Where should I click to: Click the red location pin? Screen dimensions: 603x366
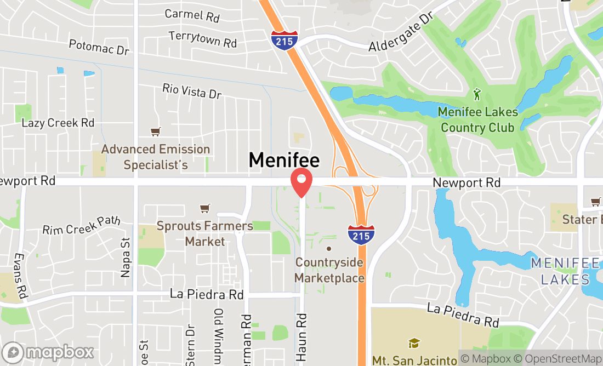pyautogui.click(x=301, y=183)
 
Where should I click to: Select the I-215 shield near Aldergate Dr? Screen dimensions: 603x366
pyautogui.click(x=285, y=41)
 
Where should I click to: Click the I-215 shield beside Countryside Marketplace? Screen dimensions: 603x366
pyautogui.click(x=361, y=234)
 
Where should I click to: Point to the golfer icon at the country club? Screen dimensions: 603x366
pyautogui.click(x=477, y=95)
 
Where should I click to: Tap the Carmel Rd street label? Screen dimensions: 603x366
pyautogui.click(x=192, y=15)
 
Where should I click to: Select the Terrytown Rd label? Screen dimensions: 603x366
pyautogui.click(x=203, y=38)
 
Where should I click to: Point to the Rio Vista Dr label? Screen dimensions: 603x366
pyautogui.click(x=192, y=91)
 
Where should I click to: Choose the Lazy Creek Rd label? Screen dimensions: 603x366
pyautogui.click(x=58, y=123)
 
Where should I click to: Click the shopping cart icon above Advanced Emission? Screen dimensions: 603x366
pyautogui.click(x=156, y=131)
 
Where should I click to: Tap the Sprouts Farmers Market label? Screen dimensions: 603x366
pyautogui.click(x=204, y=233)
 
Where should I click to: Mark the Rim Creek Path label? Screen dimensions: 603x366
pyautogui.click(x=81, y=225)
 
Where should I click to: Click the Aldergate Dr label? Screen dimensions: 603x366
pyautogui.click(x=401, y=33)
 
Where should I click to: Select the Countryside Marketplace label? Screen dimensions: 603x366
pyautogui.click(x=329, y=270)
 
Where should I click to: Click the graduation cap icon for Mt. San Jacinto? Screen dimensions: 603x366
pyautogui.click(x=414, y=344)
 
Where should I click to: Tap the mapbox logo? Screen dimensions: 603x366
pyautogui.click(x=48, y=352)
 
